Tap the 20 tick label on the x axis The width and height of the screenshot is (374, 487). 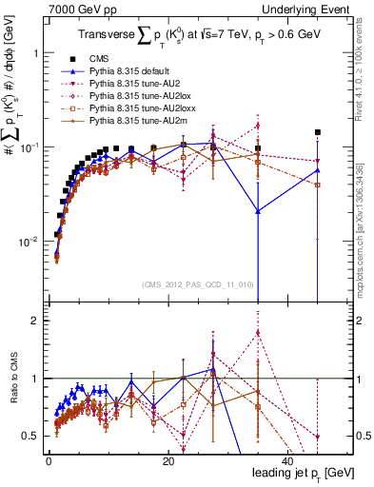point(167,460)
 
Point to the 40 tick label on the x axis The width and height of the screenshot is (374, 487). point(286,460)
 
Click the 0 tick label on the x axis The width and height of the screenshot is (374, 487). point(49,460)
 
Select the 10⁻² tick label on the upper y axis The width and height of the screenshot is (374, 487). point(29,242)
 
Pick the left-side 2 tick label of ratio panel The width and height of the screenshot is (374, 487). point(36,321)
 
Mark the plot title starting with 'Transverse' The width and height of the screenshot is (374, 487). point(200,36)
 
